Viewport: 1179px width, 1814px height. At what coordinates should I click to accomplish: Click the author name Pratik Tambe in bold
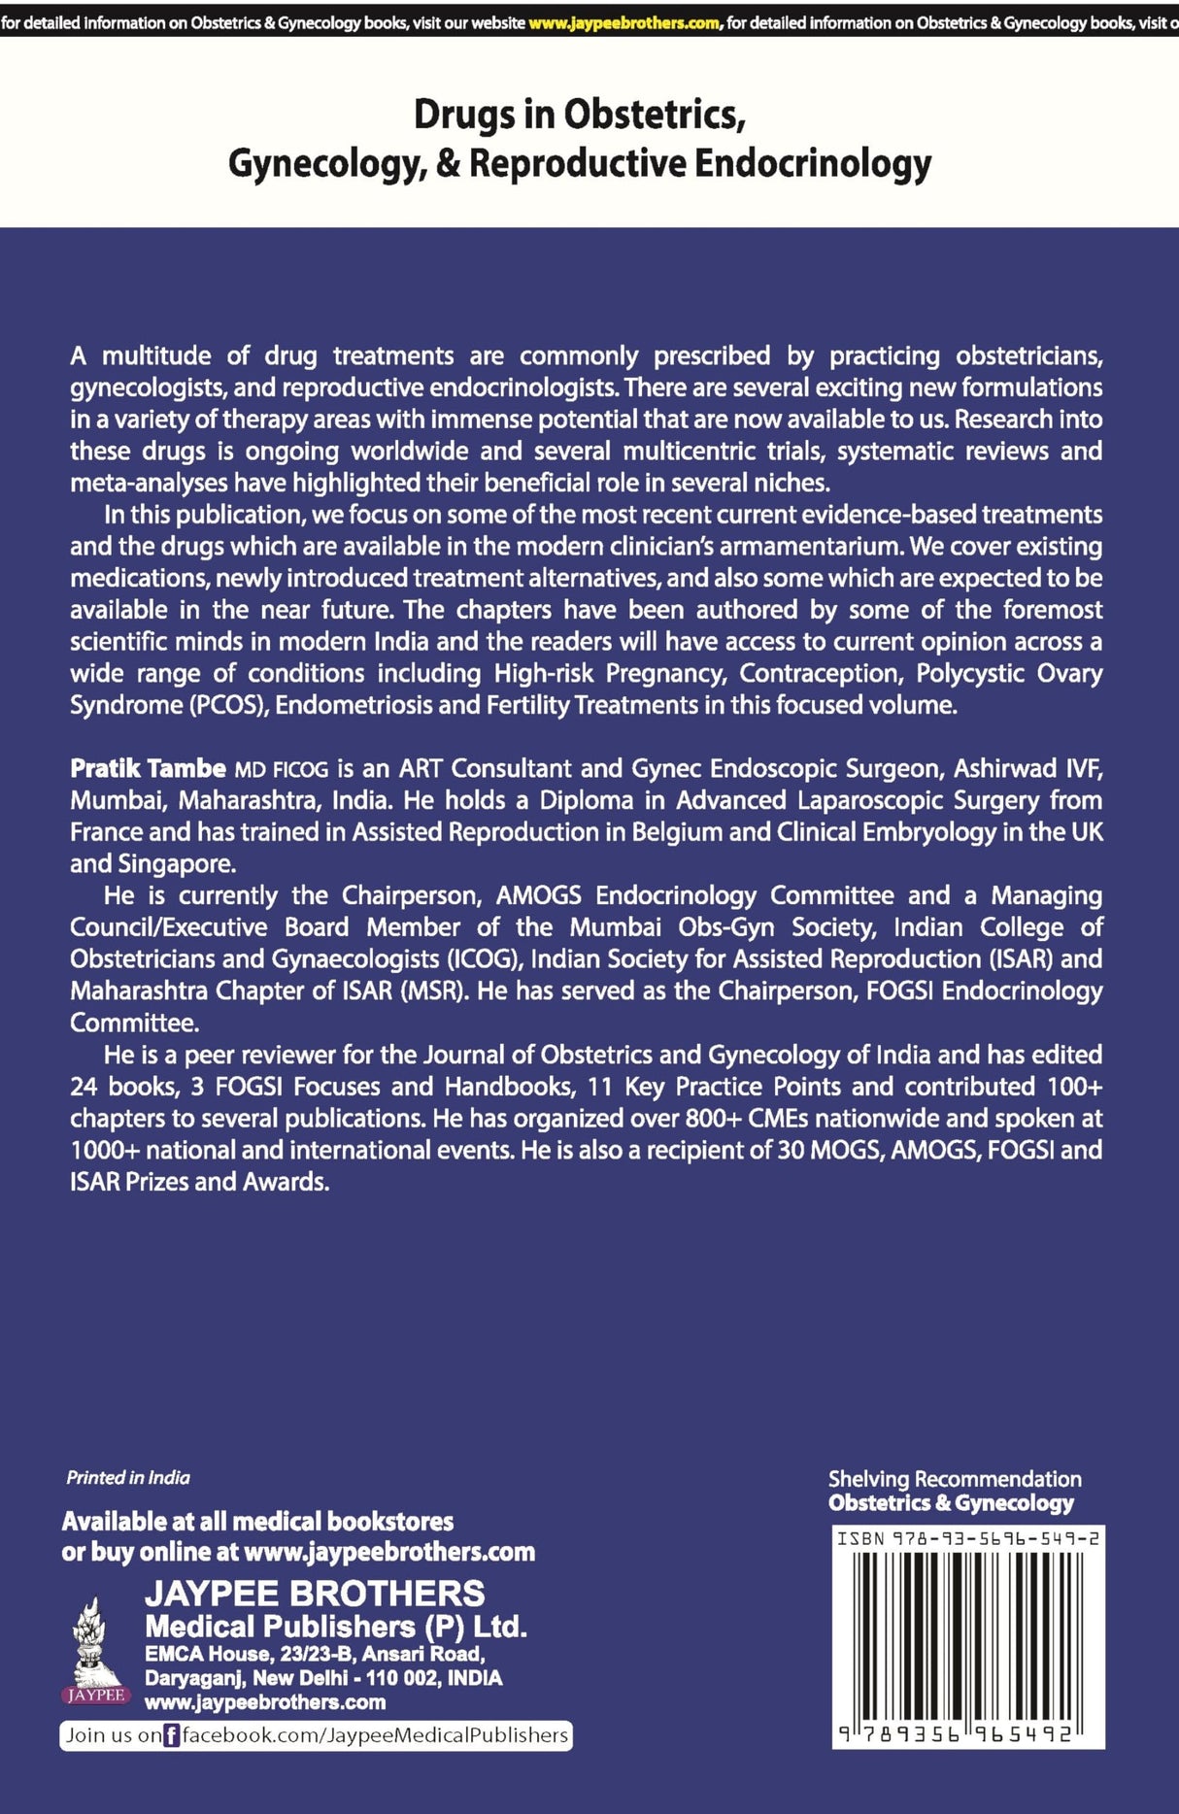[x=148, y=769]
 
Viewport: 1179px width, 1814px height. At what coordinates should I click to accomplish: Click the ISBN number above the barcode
[x=968, y=1538]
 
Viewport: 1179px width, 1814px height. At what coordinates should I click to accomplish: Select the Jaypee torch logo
[x=95, y=1649]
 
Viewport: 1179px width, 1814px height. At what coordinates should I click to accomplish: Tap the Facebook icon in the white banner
[x=172, y=1735]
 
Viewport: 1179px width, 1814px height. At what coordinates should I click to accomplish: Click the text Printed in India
[x=128, y=1477]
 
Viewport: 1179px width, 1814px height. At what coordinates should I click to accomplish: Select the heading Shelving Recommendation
[x=954, y=1479]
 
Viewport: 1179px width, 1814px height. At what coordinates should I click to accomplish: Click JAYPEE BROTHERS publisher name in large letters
[x=315, y=1594]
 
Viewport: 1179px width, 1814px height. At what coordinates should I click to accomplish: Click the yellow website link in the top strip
[x=623, y=22]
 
